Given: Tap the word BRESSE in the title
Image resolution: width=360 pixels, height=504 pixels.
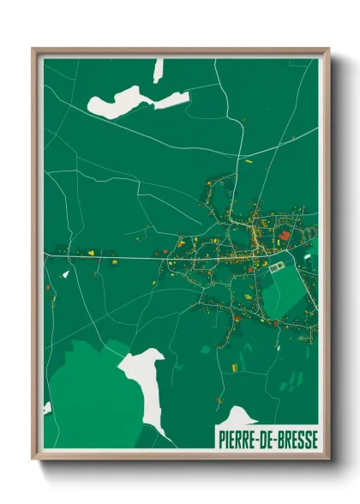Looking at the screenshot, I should (x=296, y=439).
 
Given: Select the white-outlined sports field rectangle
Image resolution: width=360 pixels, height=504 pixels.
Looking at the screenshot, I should (x=277, y=268).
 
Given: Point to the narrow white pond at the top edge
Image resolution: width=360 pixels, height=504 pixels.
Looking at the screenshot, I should (x=158, y=70).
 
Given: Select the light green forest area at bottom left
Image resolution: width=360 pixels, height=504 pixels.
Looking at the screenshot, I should (x=86, y=394).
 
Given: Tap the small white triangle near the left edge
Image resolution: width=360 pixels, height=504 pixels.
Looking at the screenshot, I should (x=66, y=274).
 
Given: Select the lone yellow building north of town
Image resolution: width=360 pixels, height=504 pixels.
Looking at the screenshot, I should (x=249, y=160).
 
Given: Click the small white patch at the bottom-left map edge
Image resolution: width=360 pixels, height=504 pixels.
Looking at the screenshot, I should (x=47, y=408).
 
